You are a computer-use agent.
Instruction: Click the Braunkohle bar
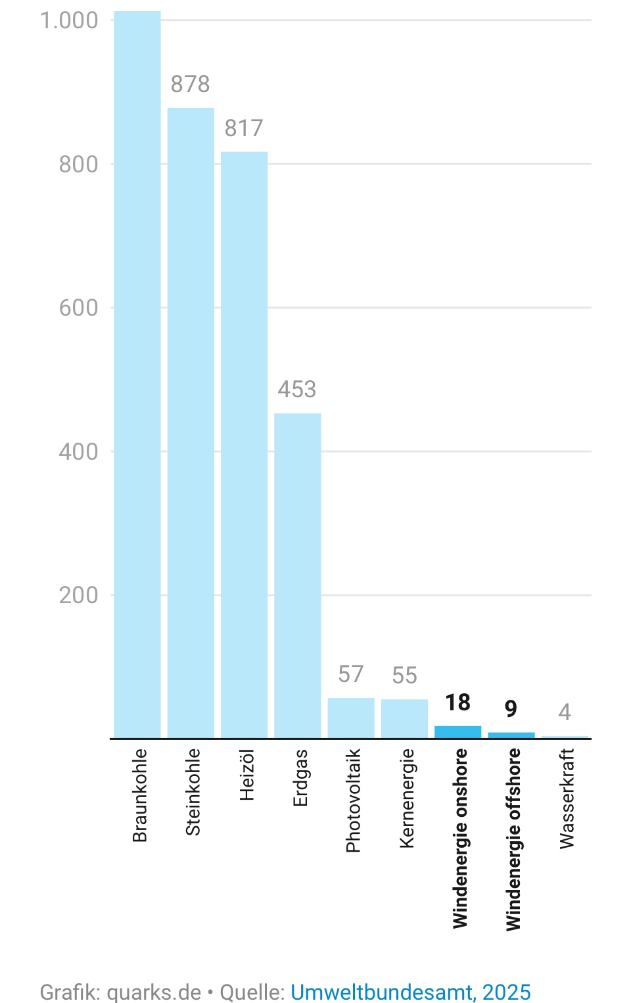tap(137, 375)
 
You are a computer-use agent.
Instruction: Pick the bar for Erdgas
tap(298, 575)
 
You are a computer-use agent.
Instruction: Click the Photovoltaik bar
tap(351, 718)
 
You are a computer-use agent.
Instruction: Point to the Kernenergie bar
tap(405, 718)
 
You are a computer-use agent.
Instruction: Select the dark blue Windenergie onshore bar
tap(458, 732)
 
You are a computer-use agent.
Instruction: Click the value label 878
tap(191, 84)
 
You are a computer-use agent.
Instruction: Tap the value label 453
tap(297, 389)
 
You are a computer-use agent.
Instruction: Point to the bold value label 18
tap(458, 702)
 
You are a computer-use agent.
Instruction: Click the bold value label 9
tap(511, 708)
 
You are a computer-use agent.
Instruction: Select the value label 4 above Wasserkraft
tap(565, 712)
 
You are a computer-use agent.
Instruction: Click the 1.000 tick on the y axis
tap(70, 20)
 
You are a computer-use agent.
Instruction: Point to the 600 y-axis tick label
tap(79, 308)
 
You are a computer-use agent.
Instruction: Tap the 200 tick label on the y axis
tap(79, 595)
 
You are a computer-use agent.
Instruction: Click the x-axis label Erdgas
tap(300, 777)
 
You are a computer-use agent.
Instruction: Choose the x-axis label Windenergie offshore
tap(513, 839)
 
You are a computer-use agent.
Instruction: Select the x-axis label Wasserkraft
tap(567, 798)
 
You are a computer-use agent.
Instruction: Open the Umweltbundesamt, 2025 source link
tap(411, 992)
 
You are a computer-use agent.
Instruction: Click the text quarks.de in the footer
tap(154, 992)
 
